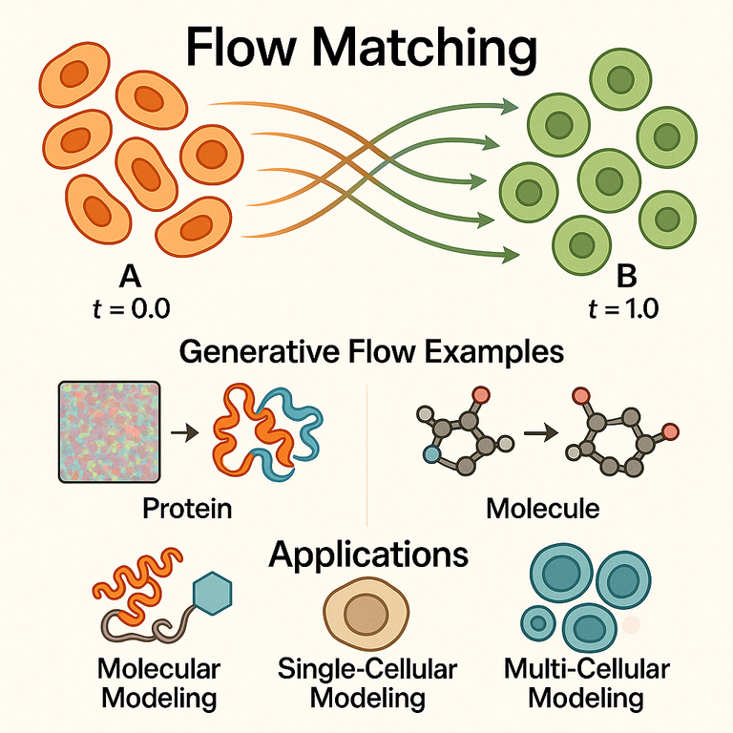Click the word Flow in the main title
[x=241, y=46]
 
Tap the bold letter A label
[x=130, y=276]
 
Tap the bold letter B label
[x=626, y=276]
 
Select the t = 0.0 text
[x=132, y=308]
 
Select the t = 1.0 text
[x=623, y=308]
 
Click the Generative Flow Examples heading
[x=371, y=351]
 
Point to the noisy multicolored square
[x=110, y=432]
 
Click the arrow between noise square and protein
[x=184, y=433]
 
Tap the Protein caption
[x=187, y=508]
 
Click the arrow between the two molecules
[x=541, y=433]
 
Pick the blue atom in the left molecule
[x=431, y=454]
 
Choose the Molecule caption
[x=543, y=508]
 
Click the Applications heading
[x=368, y=555]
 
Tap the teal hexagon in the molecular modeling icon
[x=213, y=594]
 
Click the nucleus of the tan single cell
[x=366, y=614]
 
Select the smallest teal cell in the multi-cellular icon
[x=538, y=622]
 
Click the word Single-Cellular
[x=367, y=668]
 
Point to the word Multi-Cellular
[x=587, y=668]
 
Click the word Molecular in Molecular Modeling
[x=159, y=668]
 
